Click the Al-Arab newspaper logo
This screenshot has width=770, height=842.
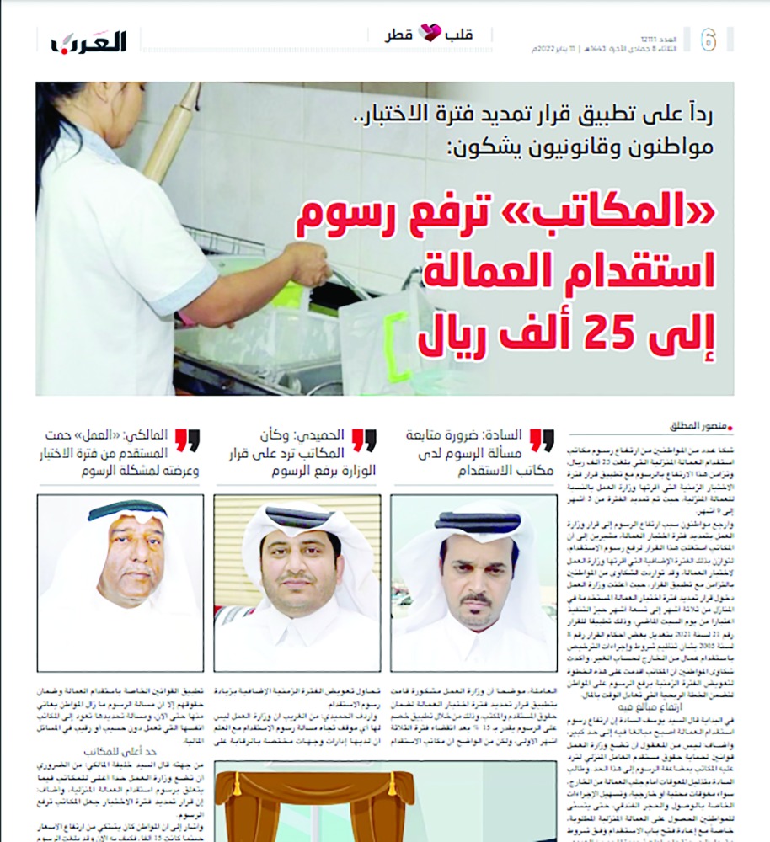[88, 40]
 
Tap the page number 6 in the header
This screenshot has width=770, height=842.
[709, 40]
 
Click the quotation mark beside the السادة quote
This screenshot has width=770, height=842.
[541, 440]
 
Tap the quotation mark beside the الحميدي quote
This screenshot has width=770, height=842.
[363, 440]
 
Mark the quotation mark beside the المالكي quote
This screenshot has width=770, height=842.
[187, 440]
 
